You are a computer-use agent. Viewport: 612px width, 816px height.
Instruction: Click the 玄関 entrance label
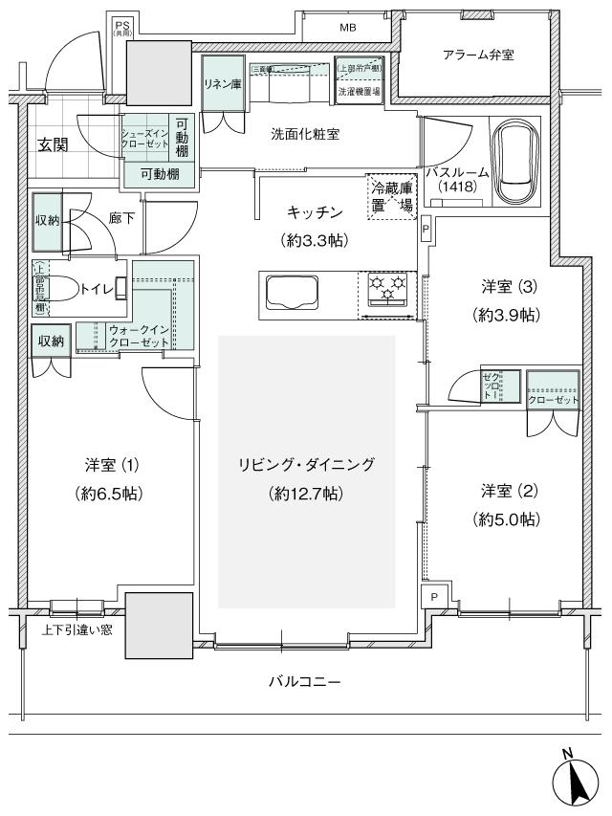53,145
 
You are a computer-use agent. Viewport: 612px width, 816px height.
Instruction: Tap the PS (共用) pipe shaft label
123,28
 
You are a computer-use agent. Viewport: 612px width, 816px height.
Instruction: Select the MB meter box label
347,28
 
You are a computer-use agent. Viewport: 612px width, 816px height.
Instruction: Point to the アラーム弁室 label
478,55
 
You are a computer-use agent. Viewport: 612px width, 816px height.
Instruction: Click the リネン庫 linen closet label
221,83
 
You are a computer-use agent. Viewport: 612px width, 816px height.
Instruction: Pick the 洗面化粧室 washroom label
305,135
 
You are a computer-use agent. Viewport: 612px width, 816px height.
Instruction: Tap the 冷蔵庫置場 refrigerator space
392,196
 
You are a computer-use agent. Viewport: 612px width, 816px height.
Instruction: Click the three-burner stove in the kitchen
387,288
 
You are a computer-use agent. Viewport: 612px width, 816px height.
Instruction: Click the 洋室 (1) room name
112,466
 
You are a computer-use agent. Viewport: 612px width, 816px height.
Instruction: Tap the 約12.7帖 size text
305,494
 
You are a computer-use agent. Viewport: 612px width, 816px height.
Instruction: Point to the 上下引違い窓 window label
76,629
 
